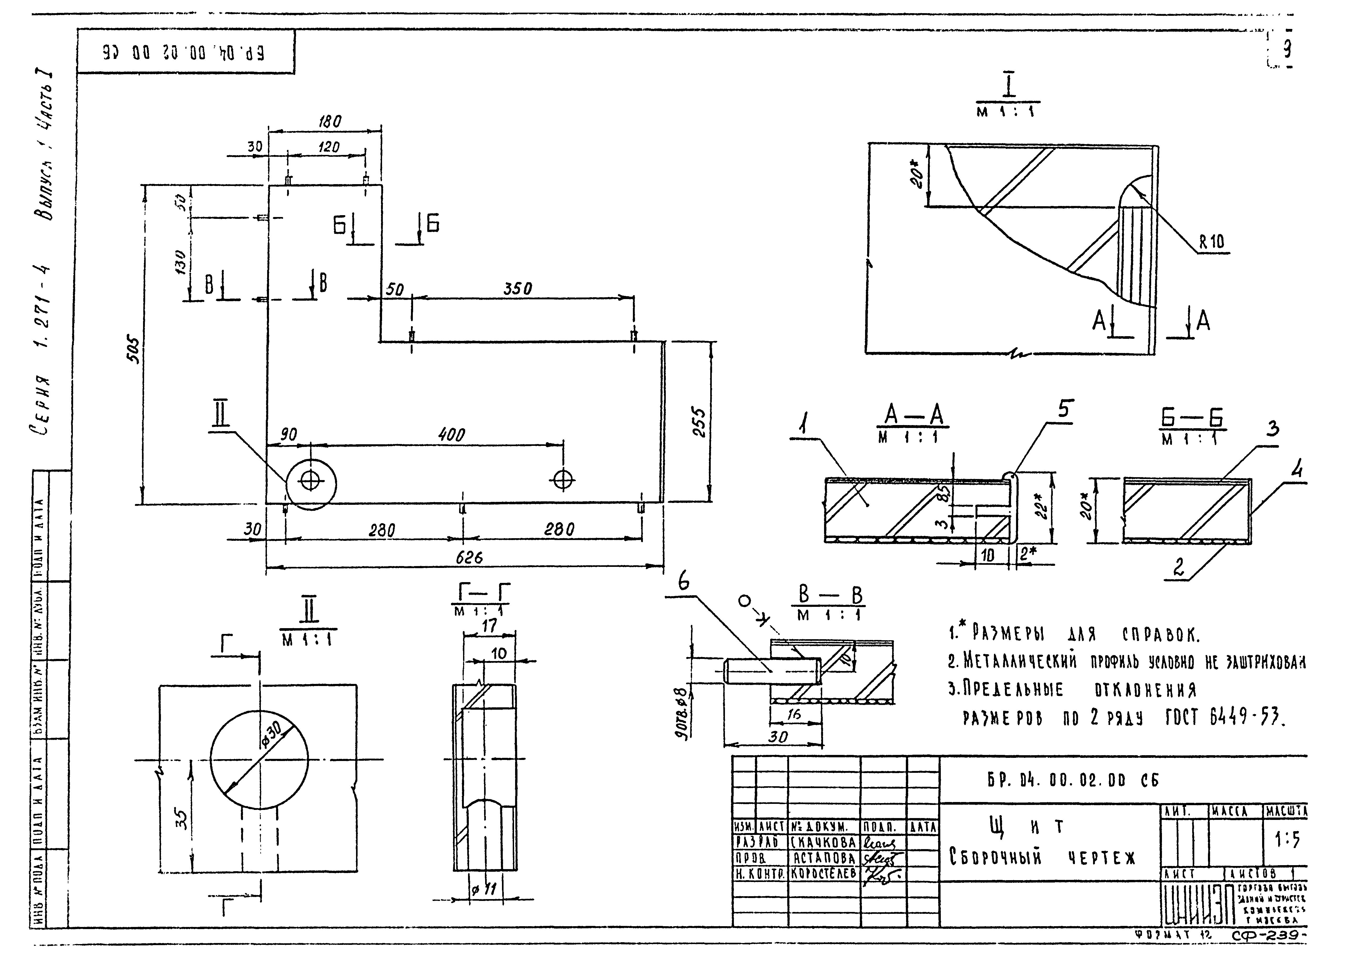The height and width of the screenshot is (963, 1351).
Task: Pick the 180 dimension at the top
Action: point(330,122)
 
